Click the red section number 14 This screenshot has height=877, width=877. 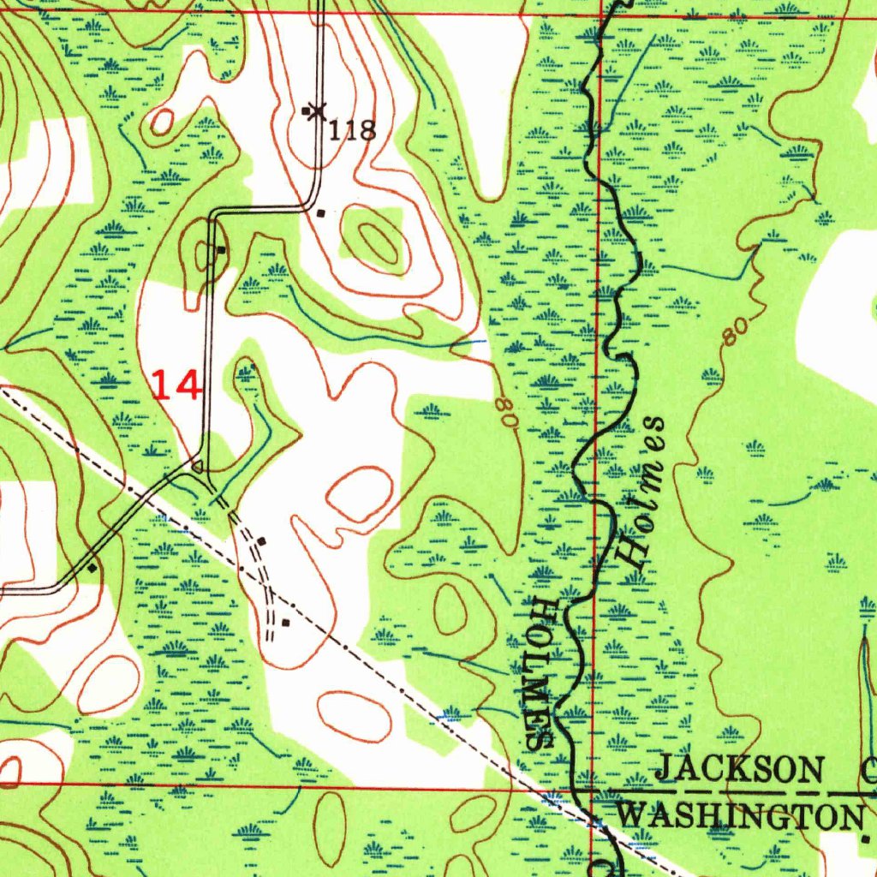coord(176,385)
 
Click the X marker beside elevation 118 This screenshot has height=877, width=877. coord(318,110)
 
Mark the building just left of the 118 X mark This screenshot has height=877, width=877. coord(306,110)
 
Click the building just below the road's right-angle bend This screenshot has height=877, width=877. coord(321,213)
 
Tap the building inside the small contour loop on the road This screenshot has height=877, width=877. coord(221,250)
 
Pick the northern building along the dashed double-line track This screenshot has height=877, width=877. coord(261,541)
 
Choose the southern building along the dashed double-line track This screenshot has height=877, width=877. coord(285,623)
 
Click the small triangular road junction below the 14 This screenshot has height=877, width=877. coord(198,467)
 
